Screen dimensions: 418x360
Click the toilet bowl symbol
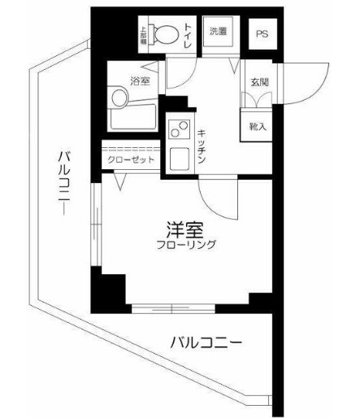(167, 35)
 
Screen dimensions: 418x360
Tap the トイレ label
(188, 35)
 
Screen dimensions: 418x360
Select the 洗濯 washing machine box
(219, 33)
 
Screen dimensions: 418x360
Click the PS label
(261, 33)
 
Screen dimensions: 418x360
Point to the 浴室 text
(140, 81)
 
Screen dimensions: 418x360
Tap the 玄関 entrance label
(259, 81)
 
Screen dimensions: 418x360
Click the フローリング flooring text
(188, 244)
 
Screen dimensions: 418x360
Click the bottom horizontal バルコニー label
(206, 342)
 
